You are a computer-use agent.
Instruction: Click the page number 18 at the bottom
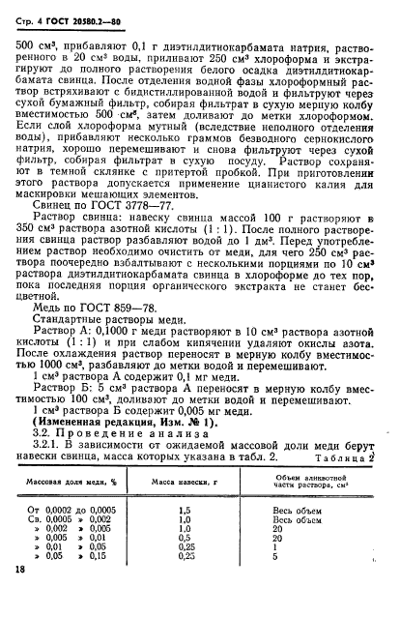20,600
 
